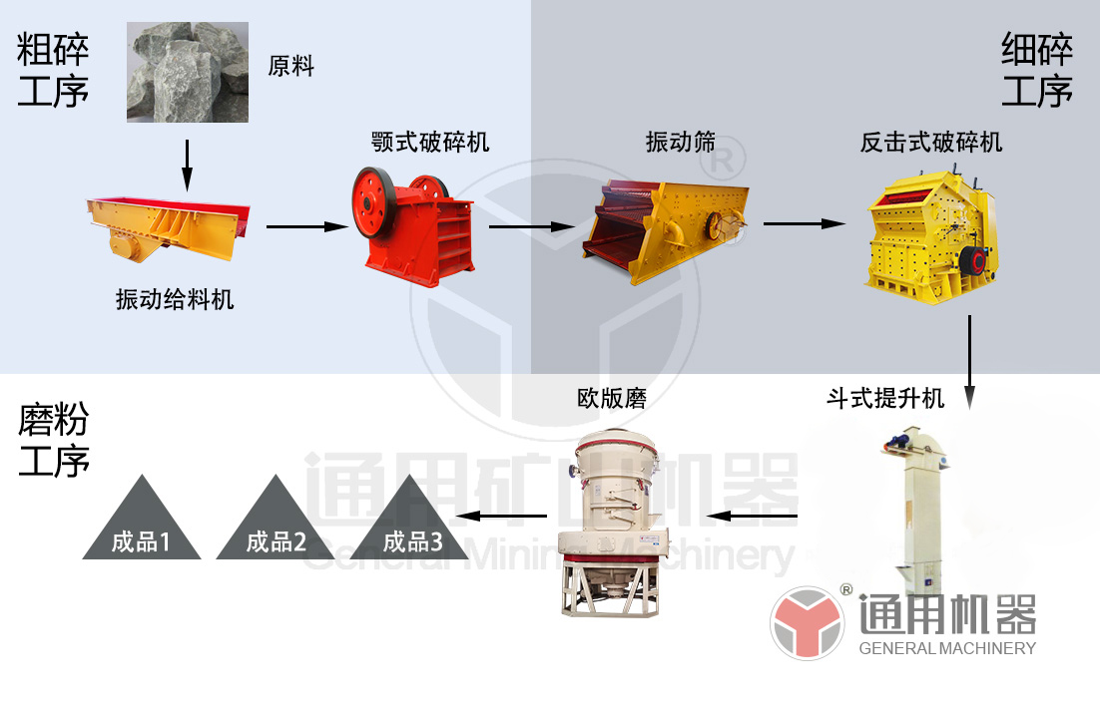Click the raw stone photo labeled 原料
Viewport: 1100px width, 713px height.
coord(188,72)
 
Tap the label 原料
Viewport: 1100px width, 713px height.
coord(291,67)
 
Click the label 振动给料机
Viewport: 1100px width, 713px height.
coord(175,298)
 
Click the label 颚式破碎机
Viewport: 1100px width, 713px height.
coord(430,142)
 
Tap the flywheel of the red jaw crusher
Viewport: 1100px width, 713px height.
coord(371,201)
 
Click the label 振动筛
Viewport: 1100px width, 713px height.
coord(681,142)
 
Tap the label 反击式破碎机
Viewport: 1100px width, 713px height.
coord(931,142)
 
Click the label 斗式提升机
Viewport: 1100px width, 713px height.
coord(884,399)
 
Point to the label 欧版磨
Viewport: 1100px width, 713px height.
coord(612,399)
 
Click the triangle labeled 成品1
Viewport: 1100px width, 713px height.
coord(141,521)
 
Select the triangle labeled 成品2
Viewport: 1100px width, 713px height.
coord(275,521)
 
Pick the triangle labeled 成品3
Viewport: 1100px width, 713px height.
coord(412,521)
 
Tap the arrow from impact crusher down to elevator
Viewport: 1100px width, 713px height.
coord(968,361)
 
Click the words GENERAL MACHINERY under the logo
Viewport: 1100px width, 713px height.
coord(947,648)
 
